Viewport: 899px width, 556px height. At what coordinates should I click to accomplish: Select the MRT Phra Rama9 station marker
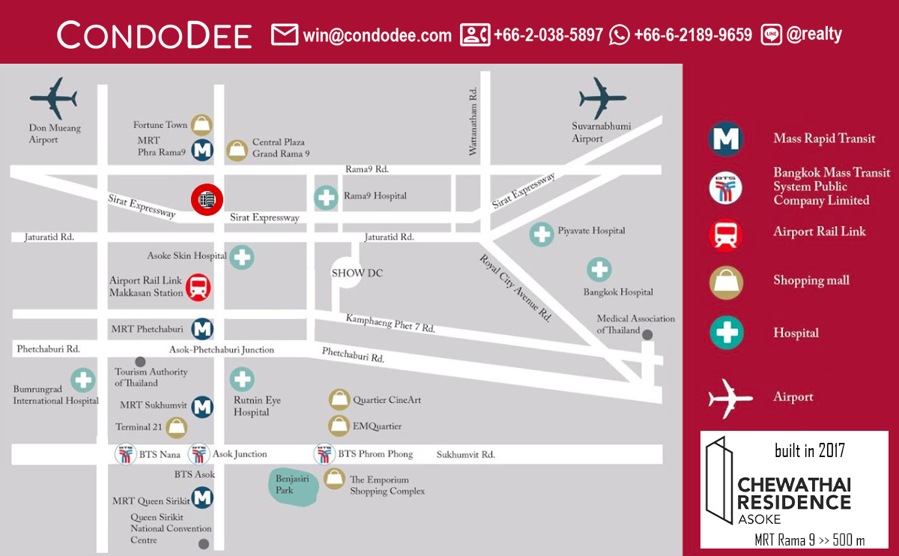202,150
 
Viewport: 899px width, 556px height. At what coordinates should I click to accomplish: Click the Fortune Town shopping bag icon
202,124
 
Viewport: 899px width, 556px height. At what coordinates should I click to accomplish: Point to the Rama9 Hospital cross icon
326,197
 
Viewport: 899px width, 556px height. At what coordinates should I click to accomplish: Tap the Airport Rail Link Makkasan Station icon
199,287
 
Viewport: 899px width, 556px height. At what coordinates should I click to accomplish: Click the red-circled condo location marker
207,199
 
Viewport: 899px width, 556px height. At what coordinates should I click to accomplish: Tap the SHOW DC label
357,273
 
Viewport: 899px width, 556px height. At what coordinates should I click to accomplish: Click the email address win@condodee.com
377,35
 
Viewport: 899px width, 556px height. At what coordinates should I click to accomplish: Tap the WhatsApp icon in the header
620,34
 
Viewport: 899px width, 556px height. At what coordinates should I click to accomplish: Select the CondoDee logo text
154,35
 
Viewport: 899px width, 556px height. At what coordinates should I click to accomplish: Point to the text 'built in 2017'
809,450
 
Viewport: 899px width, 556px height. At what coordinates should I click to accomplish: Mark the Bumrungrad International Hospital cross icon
82,380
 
